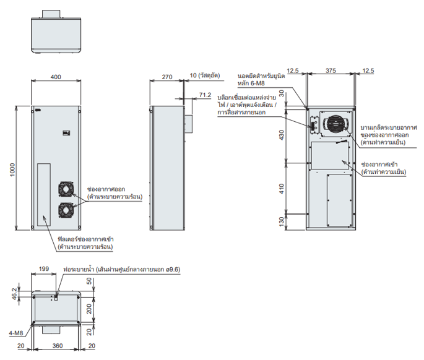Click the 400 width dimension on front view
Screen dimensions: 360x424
tap(56, 77)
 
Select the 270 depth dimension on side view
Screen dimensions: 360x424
tap(167, 77)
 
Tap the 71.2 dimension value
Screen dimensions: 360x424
tap(206, 95)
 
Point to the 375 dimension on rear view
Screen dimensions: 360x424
tap(331, 71)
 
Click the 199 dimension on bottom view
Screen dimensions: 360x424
tap(44, 269)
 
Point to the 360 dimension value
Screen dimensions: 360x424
tap(56, 346)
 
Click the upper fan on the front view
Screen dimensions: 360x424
tap(66, 190)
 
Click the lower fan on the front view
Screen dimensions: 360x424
tap(66, 210)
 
